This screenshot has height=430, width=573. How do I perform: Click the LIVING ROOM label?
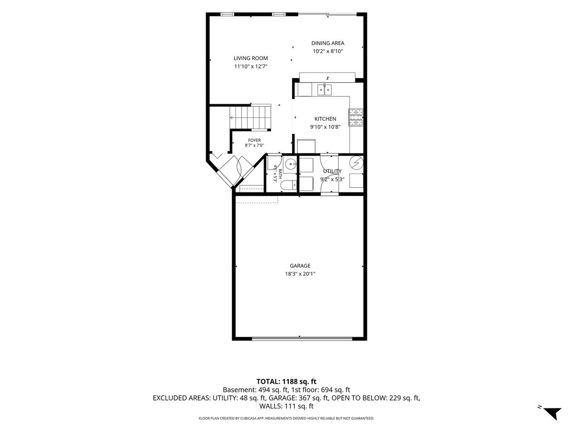[x=251, y=58]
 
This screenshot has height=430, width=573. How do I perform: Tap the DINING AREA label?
[x=328, y=43]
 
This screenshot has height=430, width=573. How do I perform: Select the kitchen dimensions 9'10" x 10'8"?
[x=325, y=127]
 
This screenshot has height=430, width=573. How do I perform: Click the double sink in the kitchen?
[x=325, y=89]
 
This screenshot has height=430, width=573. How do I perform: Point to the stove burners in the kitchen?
[x=356, y=117]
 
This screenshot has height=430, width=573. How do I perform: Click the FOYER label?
[x=254, y=140]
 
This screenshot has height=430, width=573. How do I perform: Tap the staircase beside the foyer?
[x=250, y=117]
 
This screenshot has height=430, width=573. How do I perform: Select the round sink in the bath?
[x=290, y=164]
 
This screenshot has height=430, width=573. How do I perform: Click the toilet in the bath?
[x=288, y=185]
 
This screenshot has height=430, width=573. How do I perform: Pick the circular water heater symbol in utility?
[x=356, y=163]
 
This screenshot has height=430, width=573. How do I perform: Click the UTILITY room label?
[x=332, y=171]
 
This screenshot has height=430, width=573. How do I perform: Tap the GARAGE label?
[x=300, y=266]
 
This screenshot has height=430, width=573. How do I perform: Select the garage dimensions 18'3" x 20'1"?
[x=300, y=274]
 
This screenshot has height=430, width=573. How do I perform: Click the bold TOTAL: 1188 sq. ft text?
[x=286, y=381]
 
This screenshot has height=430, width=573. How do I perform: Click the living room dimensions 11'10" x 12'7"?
[x=251, y=66]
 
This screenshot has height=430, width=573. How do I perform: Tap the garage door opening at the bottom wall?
[x=302, y=339]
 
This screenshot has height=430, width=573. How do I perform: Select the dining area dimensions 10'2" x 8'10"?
[x=328, y=51]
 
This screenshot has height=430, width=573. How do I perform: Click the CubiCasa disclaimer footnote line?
[x=286, y=419]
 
